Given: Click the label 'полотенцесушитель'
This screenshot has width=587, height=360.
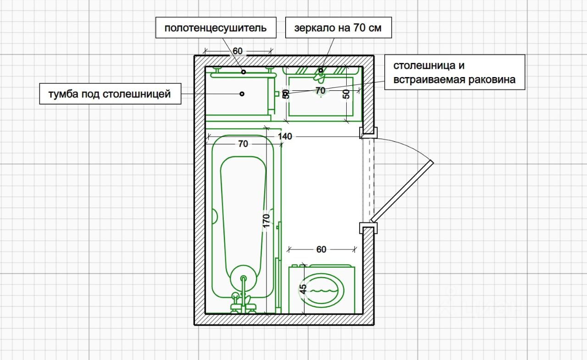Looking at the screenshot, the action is coord(216,28).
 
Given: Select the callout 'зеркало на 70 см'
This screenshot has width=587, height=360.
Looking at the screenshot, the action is coord(338,28).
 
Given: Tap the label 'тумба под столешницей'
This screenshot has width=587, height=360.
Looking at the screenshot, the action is coord(110,94).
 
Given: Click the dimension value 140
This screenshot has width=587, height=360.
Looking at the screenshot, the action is coord(285,136).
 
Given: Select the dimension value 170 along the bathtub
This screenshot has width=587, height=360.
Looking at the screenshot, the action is coord(266,221).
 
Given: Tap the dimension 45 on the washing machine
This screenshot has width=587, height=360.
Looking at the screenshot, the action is coord(303,289).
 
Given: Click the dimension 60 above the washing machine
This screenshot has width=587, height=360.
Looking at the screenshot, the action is coord(321,249).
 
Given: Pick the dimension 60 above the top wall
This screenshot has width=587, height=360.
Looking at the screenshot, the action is coord(238,51).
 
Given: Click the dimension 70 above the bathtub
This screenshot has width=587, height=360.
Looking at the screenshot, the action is coord(243,144).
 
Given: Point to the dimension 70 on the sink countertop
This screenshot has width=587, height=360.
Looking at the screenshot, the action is coord(320,90).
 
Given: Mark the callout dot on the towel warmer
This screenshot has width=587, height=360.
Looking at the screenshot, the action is coord(244,72).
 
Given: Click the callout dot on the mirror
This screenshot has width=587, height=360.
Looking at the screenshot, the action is coord(321,70).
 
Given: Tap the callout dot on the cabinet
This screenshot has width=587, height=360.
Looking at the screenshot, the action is coord(242,94).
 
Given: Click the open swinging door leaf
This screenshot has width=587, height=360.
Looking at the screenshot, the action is coord(402,191).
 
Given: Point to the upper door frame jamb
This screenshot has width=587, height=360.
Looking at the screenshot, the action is coord(368,133).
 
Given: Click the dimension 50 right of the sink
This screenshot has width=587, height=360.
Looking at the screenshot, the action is coord(346,94).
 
